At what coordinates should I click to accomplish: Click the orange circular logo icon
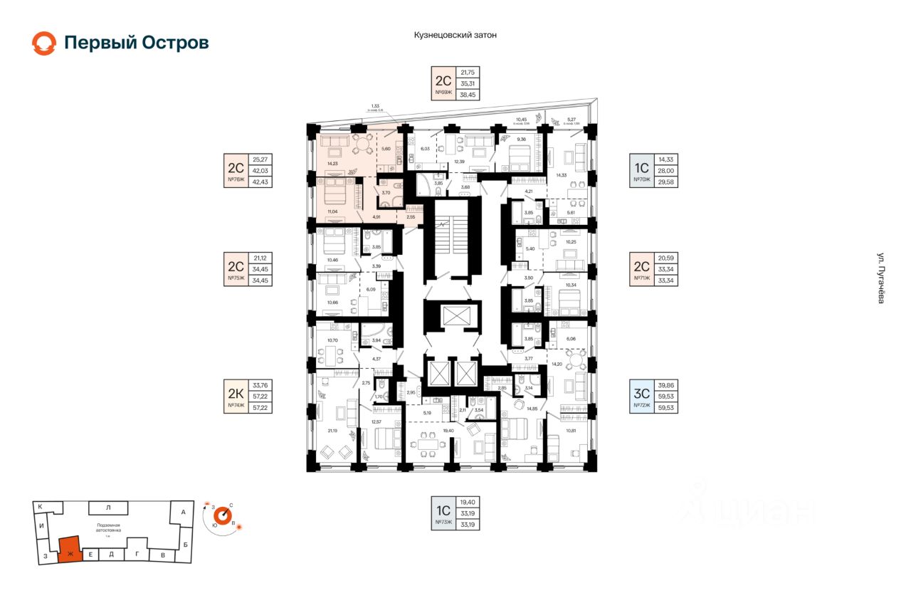click(x=43, y=43)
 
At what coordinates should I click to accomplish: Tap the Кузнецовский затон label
click(x=455, y=34)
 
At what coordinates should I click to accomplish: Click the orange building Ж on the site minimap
click(x=70, y=550)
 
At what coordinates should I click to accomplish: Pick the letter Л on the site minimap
click(x=107, y=508)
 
